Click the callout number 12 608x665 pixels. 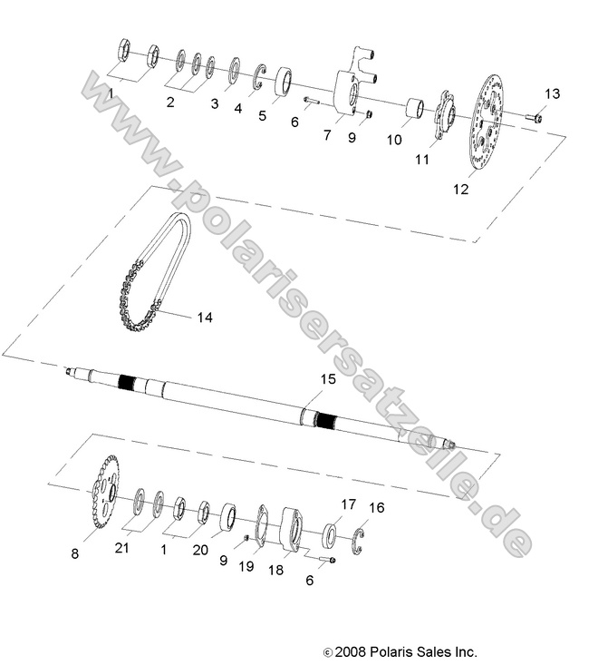[x=460, y=190]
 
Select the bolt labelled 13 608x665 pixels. [x=533, y=117]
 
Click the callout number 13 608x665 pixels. [x=553, y=94]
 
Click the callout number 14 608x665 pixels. [x=204, y=318]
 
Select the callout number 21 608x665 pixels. [x=121, y=547]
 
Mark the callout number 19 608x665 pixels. [x=246, y=566]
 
